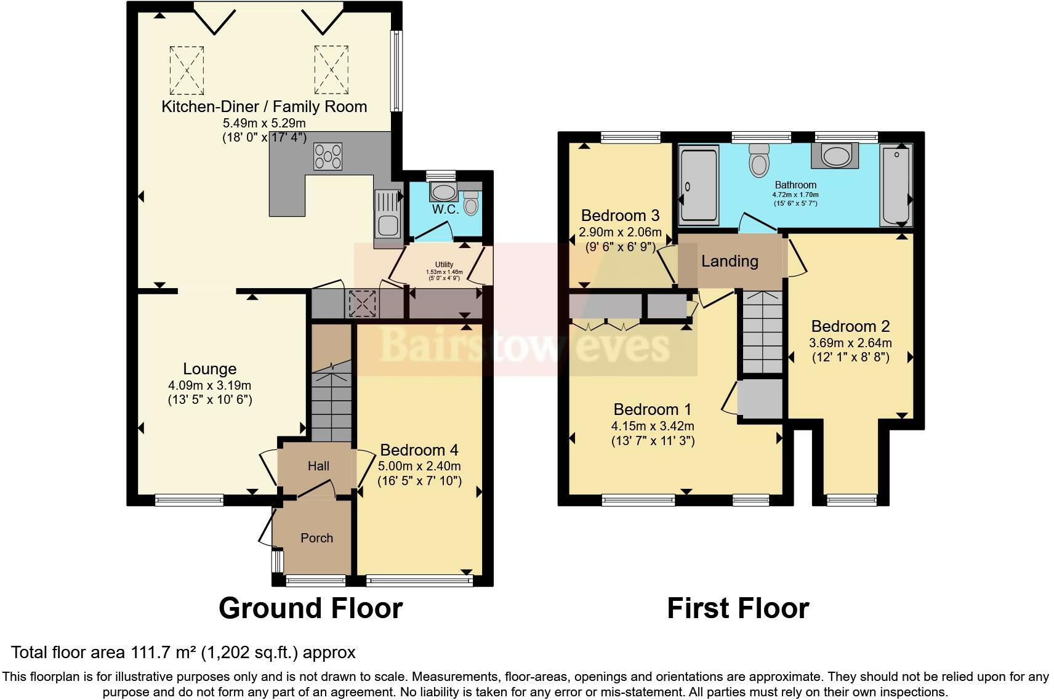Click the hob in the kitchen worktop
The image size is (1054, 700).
coord(328,156)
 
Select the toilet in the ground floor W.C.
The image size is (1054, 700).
coord(470,203)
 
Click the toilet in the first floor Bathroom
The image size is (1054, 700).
coord(759,161)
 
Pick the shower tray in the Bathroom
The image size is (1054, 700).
coord(699,185)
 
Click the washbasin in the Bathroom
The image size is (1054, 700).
coord(835,156)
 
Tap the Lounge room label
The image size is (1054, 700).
coord(210,369)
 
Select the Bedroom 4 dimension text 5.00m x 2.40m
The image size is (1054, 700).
coord(419,466)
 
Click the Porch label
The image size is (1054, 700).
coord(316,537)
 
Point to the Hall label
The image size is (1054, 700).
coord(318,465)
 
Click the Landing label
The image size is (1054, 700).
coord(730,262)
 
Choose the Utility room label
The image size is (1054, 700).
coord(444,264)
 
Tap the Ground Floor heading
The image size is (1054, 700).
coord(310,608)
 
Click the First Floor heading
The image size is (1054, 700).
coord(738,608)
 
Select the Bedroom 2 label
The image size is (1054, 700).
coord(851,326)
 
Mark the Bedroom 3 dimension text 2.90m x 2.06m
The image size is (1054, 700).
coord(620,232)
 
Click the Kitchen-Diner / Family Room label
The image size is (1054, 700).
coord(264,107)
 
